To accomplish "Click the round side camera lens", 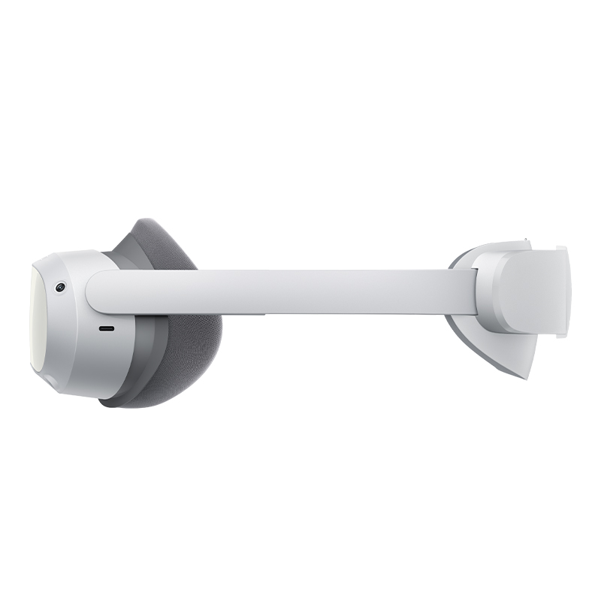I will coord(59,287).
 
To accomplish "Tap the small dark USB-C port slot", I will coord(107,329).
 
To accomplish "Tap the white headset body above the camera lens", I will coord(68,263).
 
